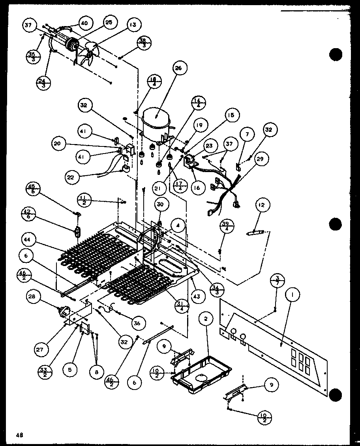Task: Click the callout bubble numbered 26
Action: (178, 69)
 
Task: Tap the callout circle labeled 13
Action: (132, 25)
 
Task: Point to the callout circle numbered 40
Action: (84, 23)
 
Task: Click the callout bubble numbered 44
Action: (29, 240)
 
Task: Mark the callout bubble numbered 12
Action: (262, 205)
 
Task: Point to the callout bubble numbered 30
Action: (160, 204)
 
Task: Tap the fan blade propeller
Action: (88, 54)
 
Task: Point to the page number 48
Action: (19, 435)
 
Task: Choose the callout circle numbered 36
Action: (137, 323)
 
